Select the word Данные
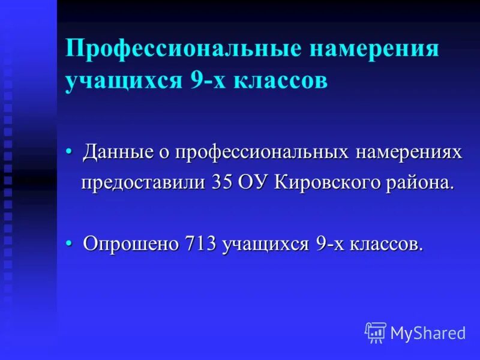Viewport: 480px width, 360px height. pos(118,152)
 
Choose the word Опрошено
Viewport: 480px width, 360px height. pos(131,244)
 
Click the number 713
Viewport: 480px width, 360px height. pos(201,244)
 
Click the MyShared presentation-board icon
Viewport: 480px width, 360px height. pos(376,332)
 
